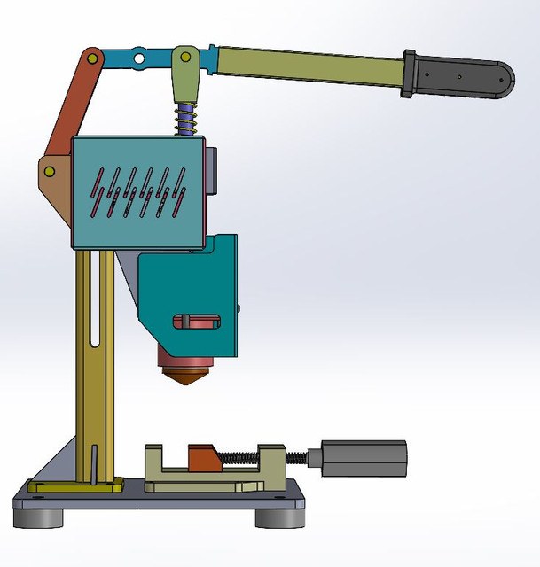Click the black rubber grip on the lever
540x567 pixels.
coord(466,78)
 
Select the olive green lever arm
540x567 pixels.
coord(310,66)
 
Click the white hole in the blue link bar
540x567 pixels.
coord(138,58)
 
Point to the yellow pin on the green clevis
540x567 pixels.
coord(184,58)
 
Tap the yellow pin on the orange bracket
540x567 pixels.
coord(50,170)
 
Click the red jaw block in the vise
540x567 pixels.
coord(204,459)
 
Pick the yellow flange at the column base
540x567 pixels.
coord(75,485)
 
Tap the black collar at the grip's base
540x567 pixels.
coord(411,73)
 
